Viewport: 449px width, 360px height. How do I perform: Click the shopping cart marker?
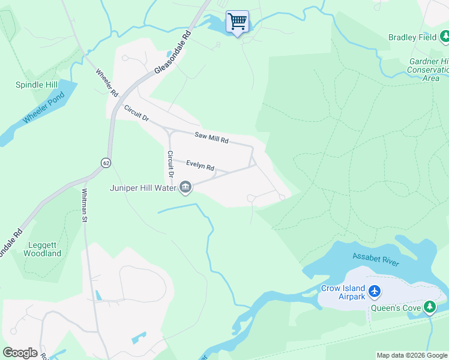[x=237, y=22]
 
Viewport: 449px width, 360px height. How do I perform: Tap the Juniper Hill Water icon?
[x=185, y=188]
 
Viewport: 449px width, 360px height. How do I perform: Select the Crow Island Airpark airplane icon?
[x=375, y=291]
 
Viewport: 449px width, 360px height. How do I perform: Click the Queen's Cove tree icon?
[x=429, y=307]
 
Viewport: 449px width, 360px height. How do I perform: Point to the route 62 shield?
[x=106, y=163]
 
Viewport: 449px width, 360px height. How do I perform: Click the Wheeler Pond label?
[x=43, y=109]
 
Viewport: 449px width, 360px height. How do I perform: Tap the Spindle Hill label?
[x=37, y=85]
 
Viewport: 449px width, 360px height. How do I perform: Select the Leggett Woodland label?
[x=43, y=249]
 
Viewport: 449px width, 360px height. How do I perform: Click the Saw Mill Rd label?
[x=211, y=137]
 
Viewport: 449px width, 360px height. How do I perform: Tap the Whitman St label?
[x=85, y=205]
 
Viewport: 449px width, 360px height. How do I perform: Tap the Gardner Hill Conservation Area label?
[x=429, y=70]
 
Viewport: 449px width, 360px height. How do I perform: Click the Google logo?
[x=20, y=353]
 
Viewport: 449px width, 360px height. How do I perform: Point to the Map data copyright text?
[x=411, y=355]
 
